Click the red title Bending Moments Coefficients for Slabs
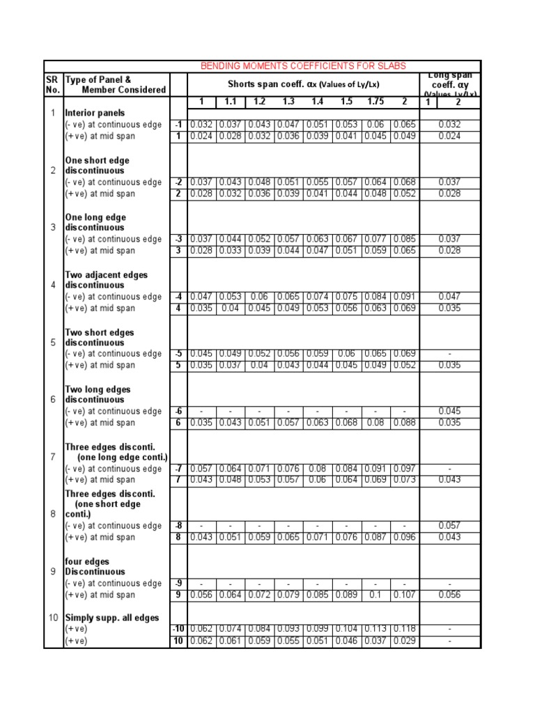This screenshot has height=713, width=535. point(303,65)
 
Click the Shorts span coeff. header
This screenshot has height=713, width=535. point(303,84)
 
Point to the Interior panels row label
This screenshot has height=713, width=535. point(95,113)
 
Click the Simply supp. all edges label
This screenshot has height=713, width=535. point(111,618)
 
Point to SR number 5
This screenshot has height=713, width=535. point(52,343)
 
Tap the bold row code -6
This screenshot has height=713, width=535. point(178,412)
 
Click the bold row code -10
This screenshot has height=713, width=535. point(178,629)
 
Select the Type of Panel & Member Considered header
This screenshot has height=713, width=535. point(115,84)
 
